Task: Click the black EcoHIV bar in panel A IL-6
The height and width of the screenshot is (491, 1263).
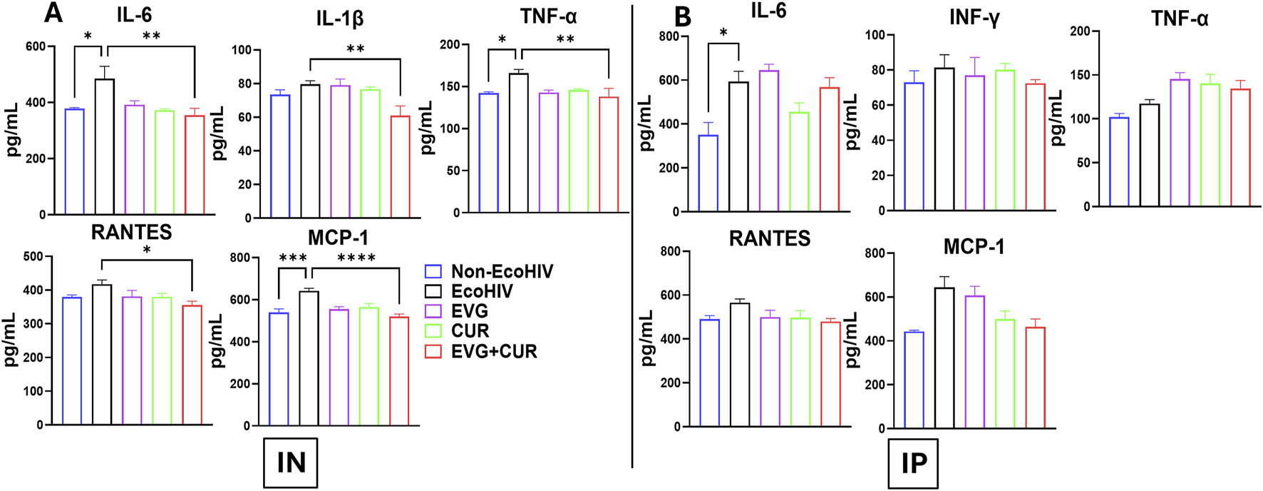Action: tap(105, 146)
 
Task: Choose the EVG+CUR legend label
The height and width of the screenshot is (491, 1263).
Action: tap(493, 351)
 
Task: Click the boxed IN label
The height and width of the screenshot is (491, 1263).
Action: tap(291, 462)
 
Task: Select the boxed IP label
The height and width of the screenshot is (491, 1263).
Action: tap(913, 463)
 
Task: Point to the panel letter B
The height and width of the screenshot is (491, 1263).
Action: tap(682, 16)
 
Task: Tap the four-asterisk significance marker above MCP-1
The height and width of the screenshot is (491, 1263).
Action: tap(356, 258)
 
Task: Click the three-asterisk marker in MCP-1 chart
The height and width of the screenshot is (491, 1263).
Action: tap(292, 258)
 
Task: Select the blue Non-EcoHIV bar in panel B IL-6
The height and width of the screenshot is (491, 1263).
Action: tap(708, 173)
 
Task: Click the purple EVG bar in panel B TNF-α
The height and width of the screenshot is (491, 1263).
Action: tap(1180, 143)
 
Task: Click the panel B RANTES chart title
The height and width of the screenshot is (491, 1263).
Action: tap(769, 238)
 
